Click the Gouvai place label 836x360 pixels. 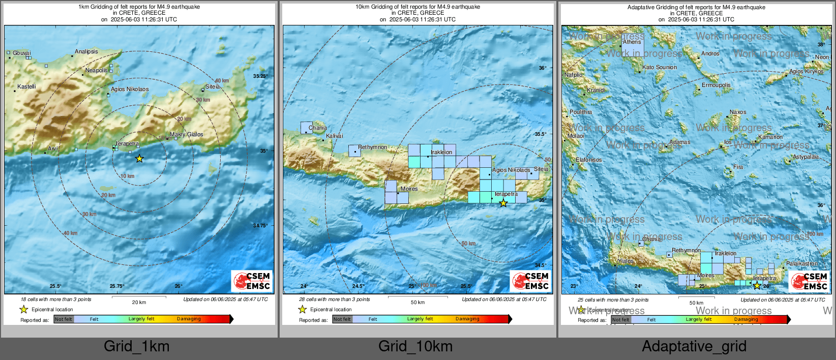[21, 53]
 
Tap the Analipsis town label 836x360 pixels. [86, 51]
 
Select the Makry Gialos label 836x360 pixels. [186, 134]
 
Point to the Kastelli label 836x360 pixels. [26, 86]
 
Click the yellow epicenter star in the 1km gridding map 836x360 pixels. [139, 159]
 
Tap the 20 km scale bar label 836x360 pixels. [139, 302]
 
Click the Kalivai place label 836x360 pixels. [335, 136]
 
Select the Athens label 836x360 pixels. [632, 42]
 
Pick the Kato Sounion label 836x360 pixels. [660, 67]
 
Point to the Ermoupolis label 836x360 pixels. [716, 85]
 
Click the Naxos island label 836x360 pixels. [738, 112]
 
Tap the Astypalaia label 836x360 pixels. [805, 157]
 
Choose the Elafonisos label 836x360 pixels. [589, 160]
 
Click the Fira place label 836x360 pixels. [738, 167]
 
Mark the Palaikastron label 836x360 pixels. [802, 263]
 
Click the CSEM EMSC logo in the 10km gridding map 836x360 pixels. [530, 281]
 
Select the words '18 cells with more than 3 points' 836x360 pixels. [56, 299]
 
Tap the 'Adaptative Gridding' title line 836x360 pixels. [696, 7]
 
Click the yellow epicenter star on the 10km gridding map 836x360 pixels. [503, 203]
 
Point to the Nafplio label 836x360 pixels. [574, 75]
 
